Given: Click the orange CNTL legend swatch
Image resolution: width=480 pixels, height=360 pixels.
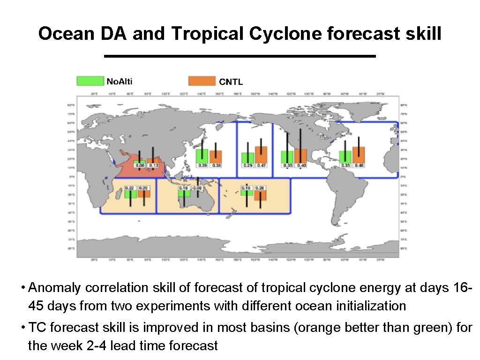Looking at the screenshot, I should [202, 81].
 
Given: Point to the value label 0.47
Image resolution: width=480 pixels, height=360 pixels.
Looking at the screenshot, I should [261, 165].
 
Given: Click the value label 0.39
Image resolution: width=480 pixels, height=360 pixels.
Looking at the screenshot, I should [202, 165].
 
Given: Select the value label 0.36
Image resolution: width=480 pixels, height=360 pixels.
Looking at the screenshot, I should [216, 165].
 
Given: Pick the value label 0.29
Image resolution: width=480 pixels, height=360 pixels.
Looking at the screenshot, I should [247, 165].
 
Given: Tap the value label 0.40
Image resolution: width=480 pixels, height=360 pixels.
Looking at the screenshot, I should [301, 165].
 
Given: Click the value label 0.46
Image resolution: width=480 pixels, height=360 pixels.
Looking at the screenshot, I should [359, 165].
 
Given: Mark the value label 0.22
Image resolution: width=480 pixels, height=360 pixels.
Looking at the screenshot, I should [131, 188].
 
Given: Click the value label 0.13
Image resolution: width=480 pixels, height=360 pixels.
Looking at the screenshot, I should [153, 165].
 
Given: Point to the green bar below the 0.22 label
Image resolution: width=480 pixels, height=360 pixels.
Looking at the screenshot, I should [131, 194].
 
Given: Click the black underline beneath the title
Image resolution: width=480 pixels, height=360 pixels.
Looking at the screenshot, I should [240, 56].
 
